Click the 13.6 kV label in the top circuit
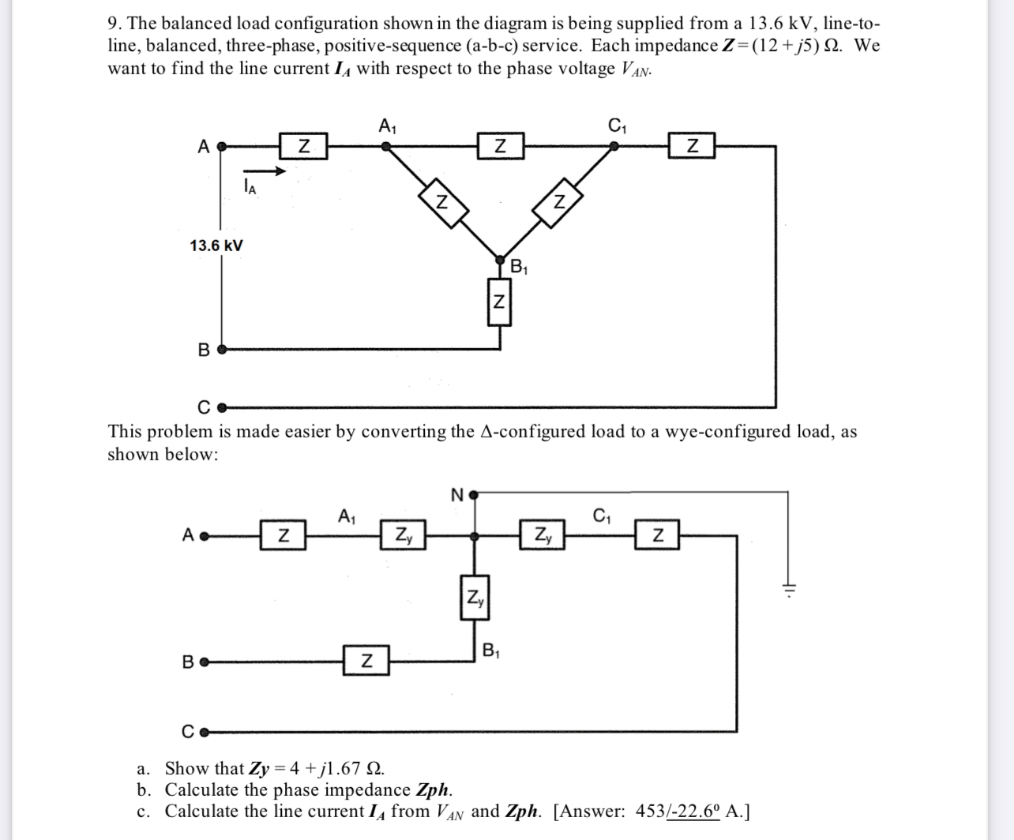coord(216,246)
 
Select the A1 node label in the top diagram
coord(388,126)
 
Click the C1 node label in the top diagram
coord(617,126)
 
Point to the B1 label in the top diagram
coord(519,267)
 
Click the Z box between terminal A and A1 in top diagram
coord(303,147)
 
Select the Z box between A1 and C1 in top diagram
coord(500,147)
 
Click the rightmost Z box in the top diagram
coord(692,147)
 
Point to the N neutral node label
coord(456,496)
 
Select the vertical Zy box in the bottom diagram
coord(475,598)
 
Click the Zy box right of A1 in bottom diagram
coord(403,535)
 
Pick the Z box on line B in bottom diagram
coord(366,660)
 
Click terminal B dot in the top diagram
coord(221,349)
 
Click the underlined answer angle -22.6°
coord(693,812)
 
